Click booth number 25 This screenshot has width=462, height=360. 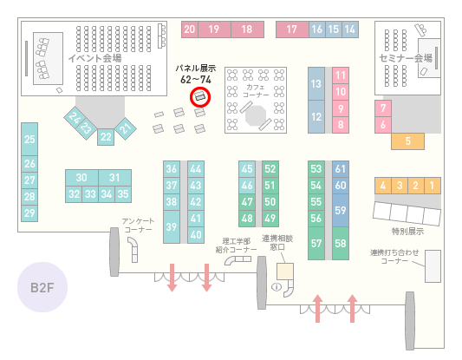tap(29, 139)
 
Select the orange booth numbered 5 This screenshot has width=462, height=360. tap(407, 141)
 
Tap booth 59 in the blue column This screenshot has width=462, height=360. tap(341, 210)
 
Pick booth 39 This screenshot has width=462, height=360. tap(172, 226)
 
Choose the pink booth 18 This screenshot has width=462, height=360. tap(247, 29)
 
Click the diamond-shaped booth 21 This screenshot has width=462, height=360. tap(126, 128)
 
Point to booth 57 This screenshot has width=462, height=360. tap(316, 243)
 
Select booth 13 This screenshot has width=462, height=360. tap(316, 84)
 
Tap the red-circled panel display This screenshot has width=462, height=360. tap(200, 96)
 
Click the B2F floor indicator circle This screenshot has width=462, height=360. tap(42, 287)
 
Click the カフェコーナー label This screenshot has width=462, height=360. tap(256, 91)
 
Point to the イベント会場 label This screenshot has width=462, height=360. tap(94, 58)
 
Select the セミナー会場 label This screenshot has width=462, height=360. tap(406, 58)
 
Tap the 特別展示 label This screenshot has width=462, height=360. tap(407, 231)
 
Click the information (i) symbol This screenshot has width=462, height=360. tap(277, 286)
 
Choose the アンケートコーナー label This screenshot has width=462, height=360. tap(138, 226)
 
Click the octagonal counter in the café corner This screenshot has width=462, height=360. tap(256, 115)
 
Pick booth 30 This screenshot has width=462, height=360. tap(81, 178)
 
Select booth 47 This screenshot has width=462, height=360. tap(247, 202)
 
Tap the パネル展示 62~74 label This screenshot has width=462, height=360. tap(196, 74)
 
